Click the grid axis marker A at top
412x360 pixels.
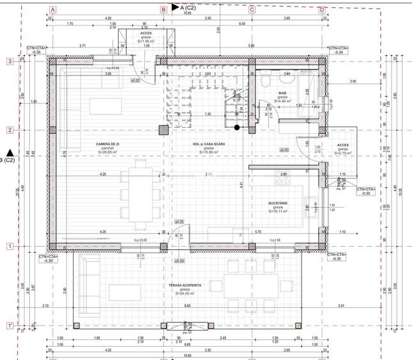tap(53, 10)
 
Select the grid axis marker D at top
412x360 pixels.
tap(322, 10)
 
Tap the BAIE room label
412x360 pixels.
tap(282, 93)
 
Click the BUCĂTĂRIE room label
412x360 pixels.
tap(278, 202)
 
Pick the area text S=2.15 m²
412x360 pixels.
tap(343, 153)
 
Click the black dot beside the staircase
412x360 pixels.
tap(237, 128)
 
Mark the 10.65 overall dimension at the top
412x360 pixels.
tap(187, 13)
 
